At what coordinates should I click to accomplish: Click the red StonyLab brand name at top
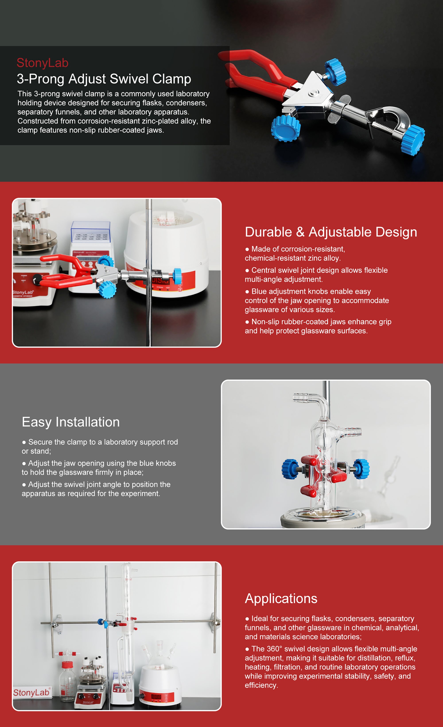coord(43,63)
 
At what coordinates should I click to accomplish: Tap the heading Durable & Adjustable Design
coord(331,232)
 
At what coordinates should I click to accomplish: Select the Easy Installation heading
coord(71,422)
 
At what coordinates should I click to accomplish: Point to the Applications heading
coord(281,599)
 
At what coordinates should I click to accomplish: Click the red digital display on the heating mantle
coord(156,697)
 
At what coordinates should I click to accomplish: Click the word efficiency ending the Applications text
coord(261,685)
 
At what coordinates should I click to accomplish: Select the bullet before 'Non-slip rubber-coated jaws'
coord(247,322)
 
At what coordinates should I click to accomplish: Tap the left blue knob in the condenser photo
coord(291,468)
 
